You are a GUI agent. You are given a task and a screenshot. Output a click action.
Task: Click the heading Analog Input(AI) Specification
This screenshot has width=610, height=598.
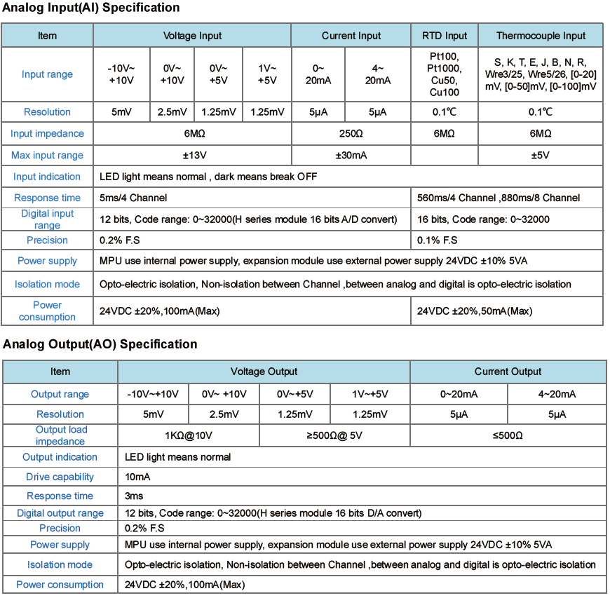(x=91, y=8)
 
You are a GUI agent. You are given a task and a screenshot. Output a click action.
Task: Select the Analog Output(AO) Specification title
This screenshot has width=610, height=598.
(x=100, y=344)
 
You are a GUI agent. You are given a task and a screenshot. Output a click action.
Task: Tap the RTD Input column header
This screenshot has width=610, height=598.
(x=445, y=36)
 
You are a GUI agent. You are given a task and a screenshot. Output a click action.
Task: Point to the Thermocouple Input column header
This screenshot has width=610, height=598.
(x=541, y=36)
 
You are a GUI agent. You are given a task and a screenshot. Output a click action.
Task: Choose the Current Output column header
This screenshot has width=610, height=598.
(x=508, y=372)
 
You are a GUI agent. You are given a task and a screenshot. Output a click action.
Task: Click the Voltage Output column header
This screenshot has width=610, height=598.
(x=264, y=372)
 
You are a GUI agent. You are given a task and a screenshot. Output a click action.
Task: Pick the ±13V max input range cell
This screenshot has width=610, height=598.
(x=192, y=155)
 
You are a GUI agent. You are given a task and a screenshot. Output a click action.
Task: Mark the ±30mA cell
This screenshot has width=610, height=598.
(x=351, y=155)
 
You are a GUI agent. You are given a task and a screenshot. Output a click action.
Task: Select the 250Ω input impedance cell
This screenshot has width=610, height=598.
(x=351, y=133)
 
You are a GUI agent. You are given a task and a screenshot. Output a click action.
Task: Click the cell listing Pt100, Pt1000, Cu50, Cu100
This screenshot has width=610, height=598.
(x=445, y=74)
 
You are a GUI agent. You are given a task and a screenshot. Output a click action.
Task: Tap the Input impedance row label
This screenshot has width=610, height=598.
(x=47, y=133)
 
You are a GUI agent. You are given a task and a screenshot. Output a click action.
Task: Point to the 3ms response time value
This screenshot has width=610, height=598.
(x=134, y=496)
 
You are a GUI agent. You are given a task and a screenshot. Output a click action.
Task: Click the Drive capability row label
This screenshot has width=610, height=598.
(x=60, y=477)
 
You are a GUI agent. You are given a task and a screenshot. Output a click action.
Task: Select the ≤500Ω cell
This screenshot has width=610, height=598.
(x=508, y=435)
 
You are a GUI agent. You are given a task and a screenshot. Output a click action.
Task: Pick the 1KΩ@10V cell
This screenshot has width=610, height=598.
(x=188, y=435)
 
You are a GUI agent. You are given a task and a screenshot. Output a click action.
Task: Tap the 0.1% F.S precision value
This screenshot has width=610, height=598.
(x=438, y=240)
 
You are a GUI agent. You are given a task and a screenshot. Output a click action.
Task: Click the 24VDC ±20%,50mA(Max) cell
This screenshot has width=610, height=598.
(x=475, y=311)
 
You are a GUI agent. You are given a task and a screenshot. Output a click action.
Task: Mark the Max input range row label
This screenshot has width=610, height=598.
(x=47, y=155)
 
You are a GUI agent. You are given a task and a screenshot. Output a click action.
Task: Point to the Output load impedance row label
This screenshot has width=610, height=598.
(x=60, y=435)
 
